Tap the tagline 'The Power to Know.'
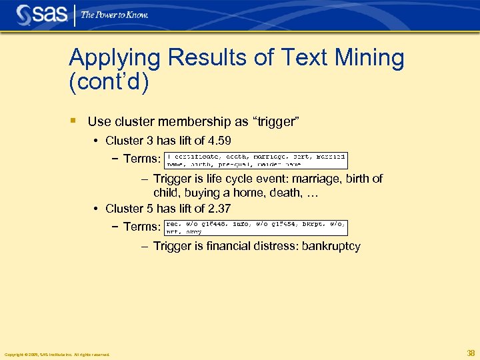[x=115, y=15]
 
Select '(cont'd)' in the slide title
[x=109, y=83]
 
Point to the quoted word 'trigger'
[x=275, y=121]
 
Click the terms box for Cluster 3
[x=256, y=159]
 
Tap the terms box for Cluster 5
[x=256, y=227]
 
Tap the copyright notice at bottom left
[x=57, y=354]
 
